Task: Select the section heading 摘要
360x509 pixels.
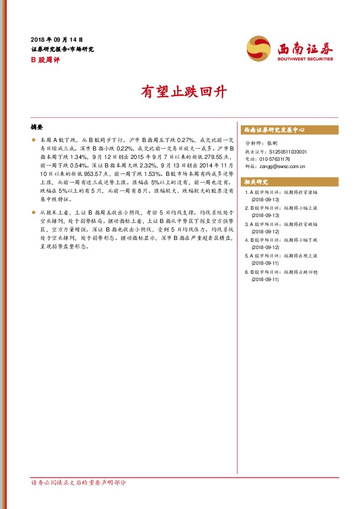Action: (37, 128)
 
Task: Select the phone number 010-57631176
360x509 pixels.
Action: (278, 159)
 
